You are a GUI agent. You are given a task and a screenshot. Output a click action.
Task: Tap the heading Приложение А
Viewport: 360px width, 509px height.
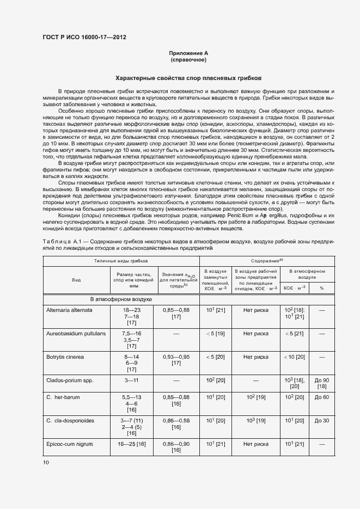pos(188,53)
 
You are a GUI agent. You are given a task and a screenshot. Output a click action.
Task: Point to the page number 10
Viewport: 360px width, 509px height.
pos(45,463)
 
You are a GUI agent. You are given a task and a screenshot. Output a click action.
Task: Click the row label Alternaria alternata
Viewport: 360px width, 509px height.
pos(70,310)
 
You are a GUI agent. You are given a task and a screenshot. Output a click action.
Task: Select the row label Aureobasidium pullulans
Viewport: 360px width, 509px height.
pos(76,333)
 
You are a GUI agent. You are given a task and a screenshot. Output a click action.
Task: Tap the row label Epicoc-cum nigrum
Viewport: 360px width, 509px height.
pos(70,445)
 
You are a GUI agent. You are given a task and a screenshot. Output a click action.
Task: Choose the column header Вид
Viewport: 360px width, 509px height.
pos(76,279)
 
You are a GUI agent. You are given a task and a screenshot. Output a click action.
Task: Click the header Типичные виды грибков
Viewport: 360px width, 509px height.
pos(120,261)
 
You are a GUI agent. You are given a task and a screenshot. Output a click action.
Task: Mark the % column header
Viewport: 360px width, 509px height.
pos(321,288)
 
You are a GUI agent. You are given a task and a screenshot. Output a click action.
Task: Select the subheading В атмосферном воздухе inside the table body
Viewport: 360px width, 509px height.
pos(121,299)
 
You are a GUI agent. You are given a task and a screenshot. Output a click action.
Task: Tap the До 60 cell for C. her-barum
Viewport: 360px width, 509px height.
pos(322,397)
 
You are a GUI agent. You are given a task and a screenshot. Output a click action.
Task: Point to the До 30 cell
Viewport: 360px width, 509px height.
pos(322,421)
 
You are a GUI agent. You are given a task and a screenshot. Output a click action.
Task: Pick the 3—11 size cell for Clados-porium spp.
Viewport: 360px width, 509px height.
pos(131,379)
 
